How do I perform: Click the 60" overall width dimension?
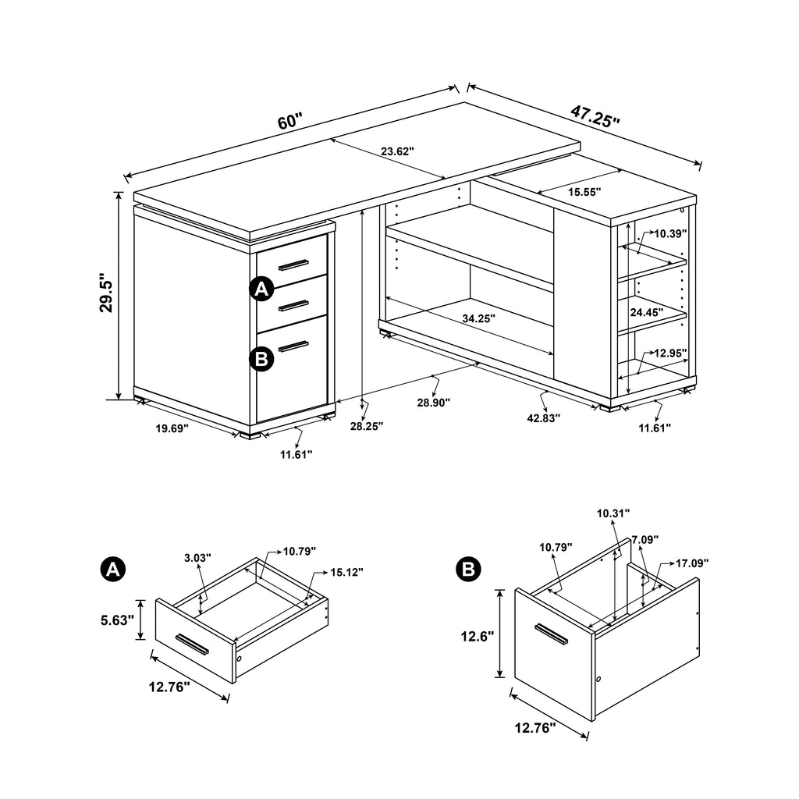(x=289, y=122)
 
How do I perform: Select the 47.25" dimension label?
(x=595, y=116)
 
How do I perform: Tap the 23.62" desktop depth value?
(x=397, y=151)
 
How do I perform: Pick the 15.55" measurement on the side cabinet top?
(x=584, y=190)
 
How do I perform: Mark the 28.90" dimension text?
(x=433, y=402)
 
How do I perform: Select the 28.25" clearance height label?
(x=366, y=426)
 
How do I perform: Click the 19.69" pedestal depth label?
(x=172, y=428)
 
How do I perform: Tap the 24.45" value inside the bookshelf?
(x=647, y=311)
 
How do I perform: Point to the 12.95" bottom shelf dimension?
(x=670, y=353)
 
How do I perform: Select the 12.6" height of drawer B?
(x=478, y=635)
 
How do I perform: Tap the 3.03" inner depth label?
(x=198, y=557)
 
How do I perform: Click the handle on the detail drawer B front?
(x=552, y=634)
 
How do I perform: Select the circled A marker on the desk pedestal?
(x=261, y=289)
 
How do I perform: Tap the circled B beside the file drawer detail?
(x=468, y=569)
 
